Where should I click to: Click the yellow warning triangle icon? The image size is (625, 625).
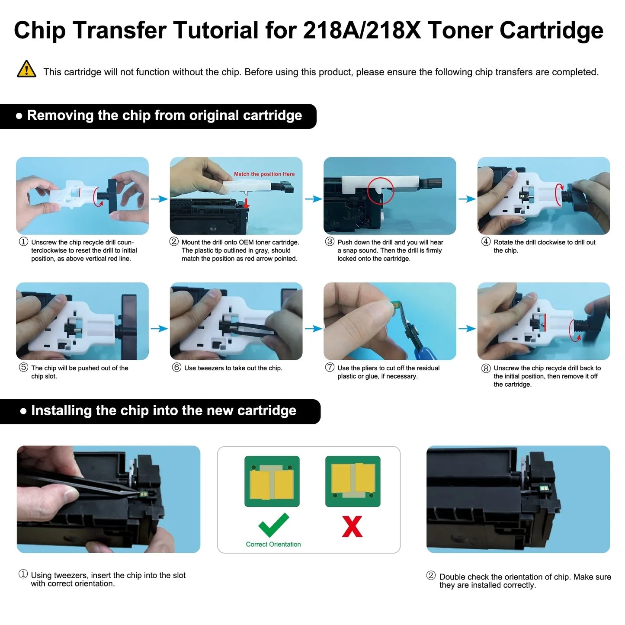pyautogui.click(x=26, y=69)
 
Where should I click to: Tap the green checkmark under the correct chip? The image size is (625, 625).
pyautogui.click(x=273, y=525)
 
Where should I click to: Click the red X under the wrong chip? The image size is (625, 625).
pyautogui.click(x=352, y=526)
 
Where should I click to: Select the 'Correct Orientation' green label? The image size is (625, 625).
pyautogui.click(x=273, y=544)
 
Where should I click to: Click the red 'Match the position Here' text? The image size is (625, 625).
pyautogui.click(x=264, y=174)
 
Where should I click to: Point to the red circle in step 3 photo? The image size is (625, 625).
pyautogui.click(x=380, y=190)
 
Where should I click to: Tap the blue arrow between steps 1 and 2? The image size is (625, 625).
pyautogui.click(x=159, y=199)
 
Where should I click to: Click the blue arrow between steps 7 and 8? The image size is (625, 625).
pyautogui.click(x=467, y=329)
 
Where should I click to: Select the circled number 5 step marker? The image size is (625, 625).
pyautogui.click(x=23, y=368)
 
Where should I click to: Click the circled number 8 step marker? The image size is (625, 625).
pyautogui.click(x=486, y=368)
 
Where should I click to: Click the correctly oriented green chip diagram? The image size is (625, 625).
pyautogui.click(x=272, y=481)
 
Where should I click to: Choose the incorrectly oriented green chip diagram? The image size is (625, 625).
pyautogui.click(x=353, y=481)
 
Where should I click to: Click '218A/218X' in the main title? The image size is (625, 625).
pyautogui.click(x=362, y=30)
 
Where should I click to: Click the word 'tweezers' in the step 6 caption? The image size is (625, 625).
pyautogui.click(x=209, y=368)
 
